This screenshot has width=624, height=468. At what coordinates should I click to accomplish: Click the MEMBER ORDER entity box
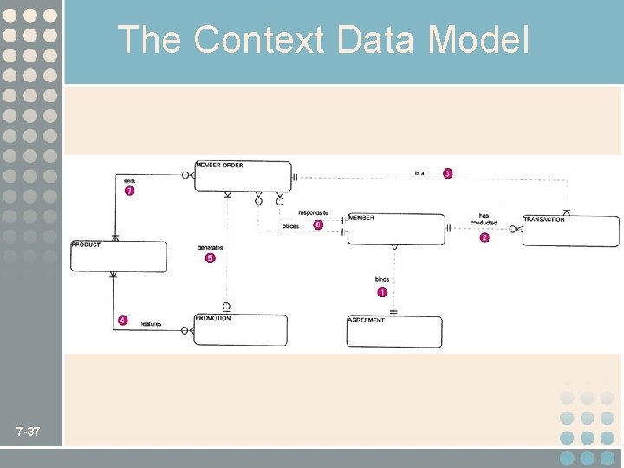243,176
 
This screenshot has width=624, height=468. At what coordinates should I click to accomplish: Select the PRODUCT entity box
119,257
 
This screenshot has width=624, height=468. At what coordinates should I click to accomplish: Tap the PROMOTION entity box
240,330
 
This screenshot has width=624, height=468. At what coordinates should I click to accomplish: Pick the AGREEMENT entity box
394,332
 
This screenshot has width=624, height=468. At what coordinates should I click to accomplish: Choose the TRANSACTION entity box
570,231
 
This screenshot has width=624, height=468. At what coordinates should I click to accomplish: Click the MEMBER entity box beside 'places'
396,229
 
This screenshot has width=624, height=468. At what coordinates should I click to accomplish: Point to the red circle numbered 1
382,293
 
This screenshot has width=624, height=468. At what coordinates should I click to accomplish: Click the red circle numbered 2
484,237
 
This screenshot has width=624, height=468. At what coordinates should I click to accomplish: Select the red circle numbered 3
448,173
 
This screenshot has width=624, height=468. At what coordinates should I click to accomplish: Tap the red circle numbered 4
122,321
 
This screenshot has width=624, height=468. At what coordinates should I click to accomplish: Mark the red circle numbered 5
210,258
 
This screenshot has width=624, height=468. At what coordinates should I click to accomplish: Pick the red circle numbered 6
318,224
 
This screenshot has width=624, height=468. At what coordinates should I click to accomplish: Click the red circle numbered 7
129,192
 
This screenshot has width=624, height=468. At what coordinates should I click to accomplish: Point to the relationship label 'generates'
211,248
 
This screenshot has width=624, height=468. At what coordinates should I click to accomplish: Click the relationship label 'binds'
382,280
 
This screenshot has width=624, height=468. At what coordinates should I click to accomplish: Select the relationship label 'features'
151,324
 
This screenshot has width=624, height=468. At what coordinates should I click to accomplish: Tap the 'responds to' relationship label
313,212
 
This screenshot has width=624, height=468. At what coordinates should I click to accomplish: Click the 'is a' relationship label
419,173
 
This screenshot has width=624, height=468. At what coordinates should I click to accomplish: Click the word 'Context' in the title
260,40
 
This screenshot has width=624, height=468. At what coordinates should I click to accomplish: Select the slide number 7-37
28,432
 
